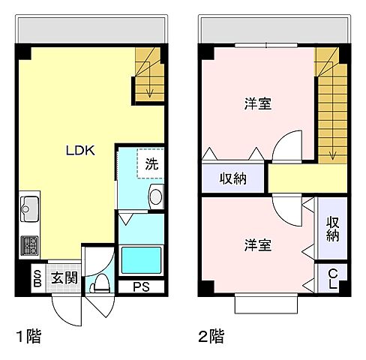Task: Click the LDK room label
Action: pos(79,149)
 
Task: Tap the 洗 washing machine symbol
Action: pos(151,163)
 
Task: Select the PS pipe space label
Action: pos(140,286)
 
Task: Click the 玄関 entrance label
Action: pos(64,278)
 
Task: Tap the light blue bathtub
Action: pos(142,259)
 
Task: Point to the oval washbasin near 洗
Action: pos(155,197)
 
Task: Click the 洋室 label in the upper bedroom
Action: pos(257,104)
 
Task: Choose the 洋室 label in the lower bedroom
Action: pos(257,245)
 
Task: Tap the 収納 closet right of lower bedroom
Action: pos(332,229)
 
